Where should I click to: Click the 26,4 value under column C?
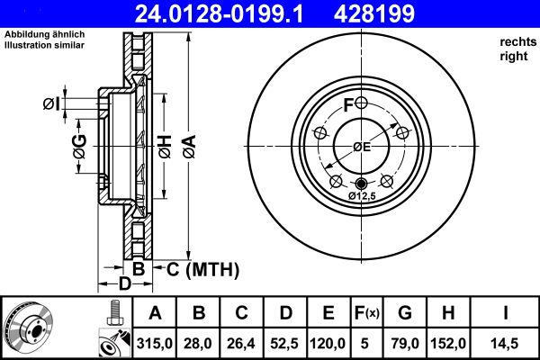(243, 342)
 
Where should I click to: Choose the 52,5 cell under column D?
(285, 342)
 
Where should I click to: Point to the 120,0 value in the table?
(328, 342)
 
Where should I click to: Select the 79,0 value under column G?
(406, 342)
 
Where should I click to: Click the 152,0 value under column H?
(448, 342)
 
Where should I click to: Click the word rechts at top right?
(516, 41)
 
